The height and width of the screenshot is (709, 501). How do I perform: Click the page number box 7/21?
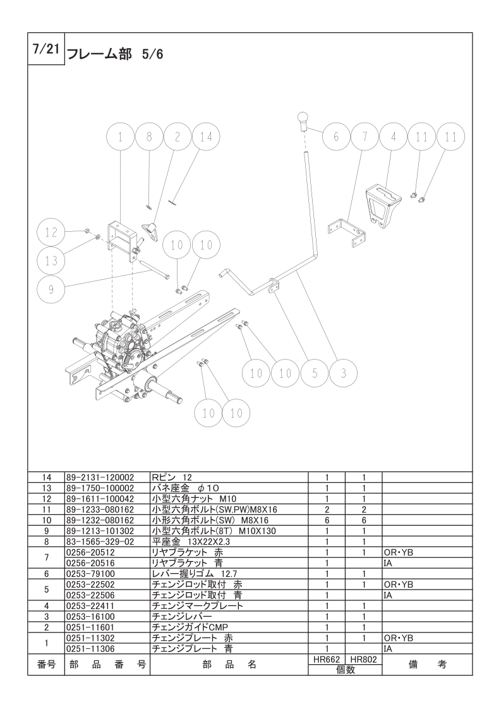tap(44, 50)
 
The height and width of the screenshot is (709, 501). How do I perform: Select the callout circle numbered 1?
tap(121, 136)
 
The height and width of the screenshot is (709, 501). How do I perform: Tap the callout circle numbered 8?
tap(149, 136)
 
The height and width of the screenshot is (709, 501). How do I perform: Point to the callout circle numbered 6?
tap(336, 136)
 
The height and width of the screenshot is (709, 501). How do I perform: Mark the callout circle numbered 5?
tap(315, 373)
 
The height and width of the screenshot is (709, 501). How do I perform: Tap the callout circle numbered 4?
tap(393, 136)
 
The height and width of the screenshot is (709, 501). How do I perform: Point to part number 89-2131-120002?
tap(100, 478)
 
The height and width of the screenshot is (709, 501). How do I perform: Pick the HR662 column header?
tap(327, 658)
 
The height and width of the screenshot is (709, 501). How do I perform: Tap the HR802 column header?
tap(363, 658)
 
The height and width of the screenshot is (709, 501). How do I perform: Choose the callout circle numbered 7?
tap(365, 136)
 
